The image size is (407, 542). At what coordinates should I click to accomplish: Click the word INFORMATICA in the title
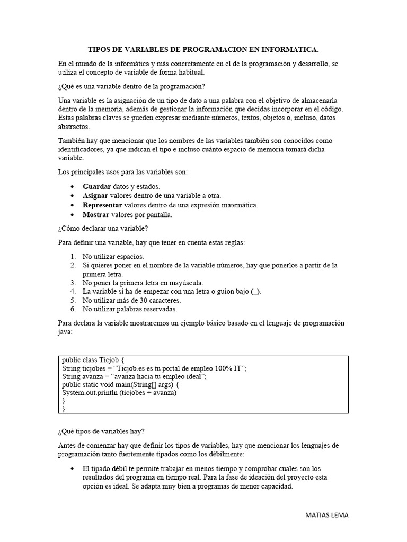point(290,50)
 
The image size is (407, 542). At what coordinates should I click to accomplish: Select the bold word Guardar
point(97,186)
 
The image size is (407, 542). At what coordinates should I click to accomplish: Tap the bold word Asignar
point(95,196)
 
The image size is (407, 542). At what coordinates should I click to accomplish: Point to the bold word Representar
point(102,205)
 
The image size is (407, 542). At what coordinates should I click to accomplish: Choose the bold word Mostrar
point(96,215)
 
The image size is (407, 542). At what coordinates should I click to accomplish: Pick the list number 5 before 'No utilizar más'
point(73,300)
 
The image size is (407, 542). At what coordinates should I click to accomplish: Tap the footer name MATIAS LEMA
point(328,515)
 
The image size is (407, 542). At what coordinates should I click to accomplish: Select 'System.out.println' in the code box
point(90,393)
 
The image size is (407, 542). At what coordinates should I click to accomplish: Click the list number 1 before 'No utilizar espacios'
point(73,256)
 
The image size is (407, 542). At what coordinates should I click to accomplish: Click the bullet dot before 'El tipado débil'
point(73,469)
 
